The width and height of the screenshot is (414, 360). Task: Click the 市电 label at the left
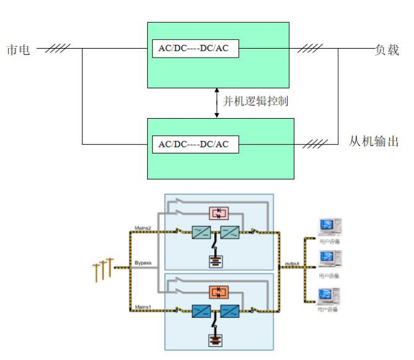point(18,50)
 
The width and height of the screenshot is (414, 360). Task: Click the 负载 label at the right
point(387,50)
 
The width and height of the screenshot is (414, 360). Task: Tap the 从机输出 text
point(374,141)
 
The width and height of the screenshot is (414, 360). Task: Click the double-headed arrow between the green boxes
point(217,102)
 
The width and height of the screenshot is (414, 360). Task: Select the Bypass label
point(143,261)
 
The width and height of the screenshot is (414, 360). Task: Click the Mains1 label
point(143,306)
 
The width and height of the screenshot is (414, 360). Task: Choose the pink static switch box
point(218,213)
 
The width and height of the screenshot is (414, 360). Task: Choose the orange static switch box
point(218,292)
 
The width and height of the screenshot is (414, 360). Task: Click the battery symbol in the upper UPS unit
point(217,260)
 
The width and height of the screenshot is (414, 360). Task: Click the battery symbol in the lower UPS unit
point(217,339)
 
